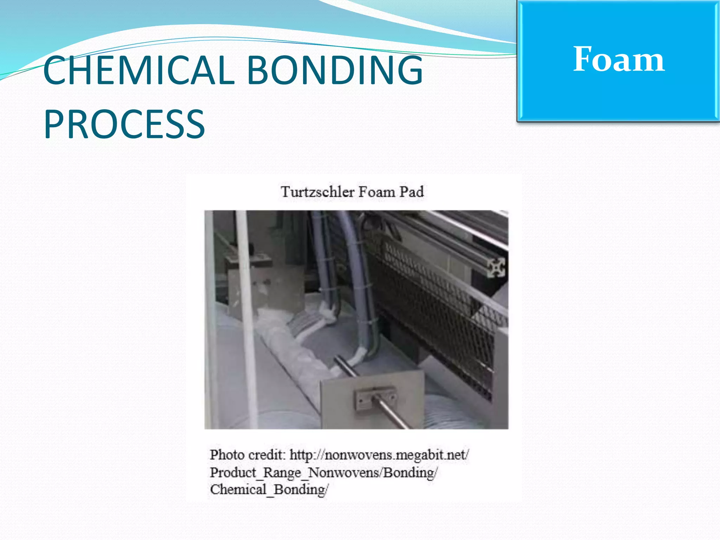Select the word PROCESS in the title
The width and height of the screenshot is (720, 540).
(x=124, y=124)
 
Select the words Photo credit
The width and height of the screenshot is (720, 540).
(x=247, y=455)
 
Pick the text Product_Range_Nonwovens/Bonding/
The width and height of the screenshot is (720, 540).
(x=323, y=472)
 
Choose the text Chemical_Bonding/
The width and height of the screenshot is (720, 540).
(x=269, y=489)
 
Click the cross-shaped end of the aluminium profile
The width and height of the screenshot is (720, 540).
(x=496, y=267)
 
